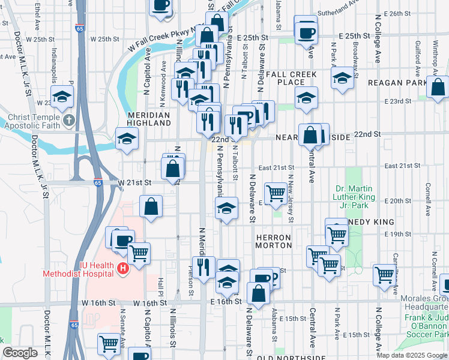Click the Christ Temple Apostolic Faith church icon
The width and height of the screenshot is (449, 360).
(70, 120)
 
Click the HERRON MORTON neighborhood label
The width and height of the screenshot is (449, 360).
(274, 241)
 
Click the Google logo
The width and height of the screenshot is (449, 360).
(20, 353)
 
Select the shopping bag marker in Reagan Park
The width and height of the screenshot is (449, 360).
(438, 86)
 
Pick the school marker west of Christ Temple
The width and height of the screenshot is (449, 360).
(62, 97)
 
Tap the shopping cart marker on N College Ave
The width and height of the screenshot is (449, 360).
(385, 274)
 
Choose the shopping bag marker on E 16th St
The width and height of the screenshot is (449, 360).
(259, 294)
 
